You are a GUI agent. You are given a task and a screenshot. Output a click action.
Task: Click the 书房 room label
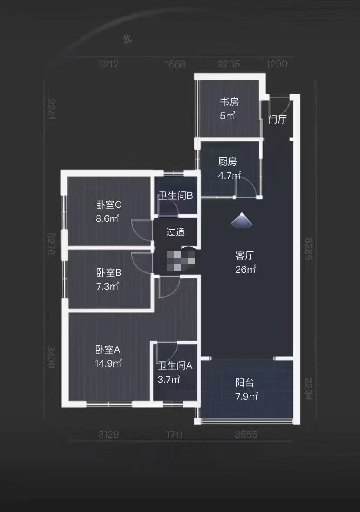pyautogui.click(x=229, y=102)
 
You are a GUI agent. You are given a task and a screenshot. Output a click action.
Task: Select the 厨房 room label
pyautogui.click(x=227, y=162)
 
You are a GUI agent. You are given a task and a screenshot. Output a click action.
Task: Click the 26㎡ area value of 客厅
pyautogui.click(x=245, y=270)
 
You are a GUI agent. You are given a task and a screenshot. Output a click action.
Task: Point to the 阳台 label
pyautogui.click(x=245, y=383)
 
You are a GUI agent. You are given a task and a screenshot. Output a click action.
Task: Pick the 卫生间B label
pyautogui.click(x=175, y=196)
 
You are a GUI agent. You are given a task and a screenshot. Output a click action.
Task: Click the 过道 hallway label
pyautogui.click(x=175, y=232)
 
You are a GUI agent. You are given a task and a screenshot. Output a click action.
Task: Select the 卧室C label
pyautogui.click(x=108, y=204)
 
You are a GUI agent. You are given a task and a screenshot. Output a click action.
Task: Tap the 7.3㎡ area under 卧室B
pyautogui.click(x=107, y=287)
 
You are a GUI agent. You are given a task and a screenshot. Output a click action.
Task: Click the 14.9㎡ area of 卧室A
pyautogui.click(x=108, y=363)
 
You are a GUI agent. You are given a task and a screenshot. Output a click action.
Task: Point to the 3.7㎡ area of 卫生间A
pyautogui.click(x=169, y=379)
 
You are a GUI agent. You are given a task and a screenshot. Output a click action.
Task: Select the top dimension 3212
pyautogui.click(x=108, y=64)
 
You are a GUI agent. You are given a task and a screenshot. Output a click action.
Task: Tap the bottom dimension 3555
pyautogui.click(x=246, y=434)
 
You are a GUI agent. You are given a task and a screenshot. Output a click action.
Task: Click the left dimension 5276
pyautogui.click(x=51, y=244)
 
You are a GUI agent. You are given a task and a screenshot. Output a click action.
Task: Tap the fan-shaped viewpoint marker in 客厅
pyautogui.click(x=242, y=221)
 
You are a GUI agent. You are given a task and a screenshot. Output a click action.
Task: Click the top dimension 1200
pyautogui.click(x=277, y=64)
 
